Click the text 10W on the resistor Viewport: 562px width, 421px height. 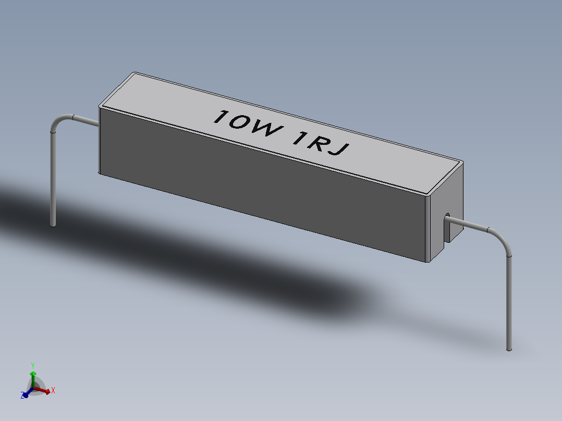click(x=245, y=125)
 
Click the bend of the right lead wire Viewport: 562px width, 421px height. click(x=504, y=240)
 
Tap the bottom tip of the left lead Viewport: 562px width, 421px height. click(x=53, y=225)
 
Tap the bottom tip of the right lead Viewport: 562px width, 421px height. click(x=509, y=348)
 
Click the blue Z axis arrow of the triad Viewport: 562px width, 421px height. click(x=25, y=395)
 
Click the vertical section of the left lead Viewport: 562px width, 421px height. click(x=52, y=177)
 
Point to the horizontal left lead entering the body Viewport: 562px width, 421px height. click(x=86, y=120)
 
